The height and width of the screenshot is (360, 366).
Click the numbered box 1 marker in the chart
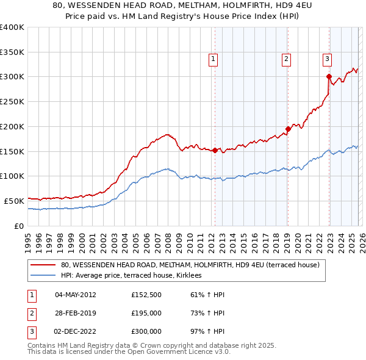tap(213, 59)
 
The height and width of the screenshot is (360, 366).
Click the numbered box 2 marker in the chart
tap(286, 59)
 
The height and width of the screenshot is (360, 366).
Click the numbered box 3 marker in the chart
tap(328, 59)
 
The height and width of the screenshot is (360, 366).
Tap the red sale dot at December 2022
tap(329, 77)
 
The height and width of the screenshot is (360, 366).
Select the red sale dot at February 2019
tap(288, 129)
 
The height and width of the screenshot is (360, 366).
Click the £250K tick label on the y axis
tap(12, 102)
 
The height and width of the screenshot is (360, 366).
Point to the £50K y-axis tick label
tap(15, 201)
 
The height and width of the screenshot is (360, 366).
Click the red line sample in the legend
tap(43, 265)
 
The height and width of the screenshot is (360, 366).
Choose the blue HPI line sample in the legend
tap(43, 276)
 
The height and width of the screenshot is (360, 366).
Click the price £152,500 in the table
tap(146, 295)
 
